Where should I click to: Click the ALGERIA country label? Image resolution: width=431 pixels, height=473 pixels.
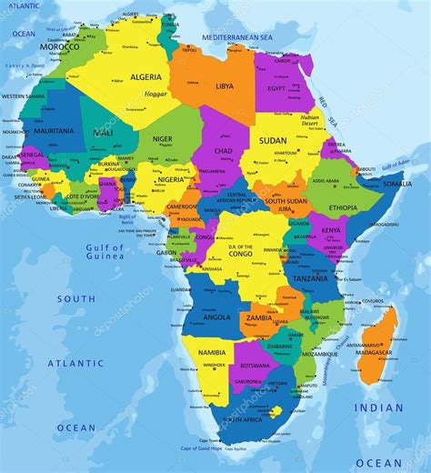(x=145, y=78)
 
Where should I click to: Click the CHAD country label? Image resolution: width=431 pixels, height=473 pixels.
(x=223, y=150)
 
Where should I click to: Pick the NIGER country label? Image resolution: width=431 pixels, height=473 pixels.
(x=162, y=139)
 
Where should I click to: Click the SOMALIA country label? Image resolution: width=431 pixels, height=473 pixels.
(x=396, y=184)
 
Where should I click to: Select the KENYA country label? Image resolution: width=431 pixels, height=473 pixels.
(x=331, y=231)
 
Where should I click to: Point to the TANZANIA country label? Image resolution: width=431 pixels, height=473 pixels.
(x=311, y=278)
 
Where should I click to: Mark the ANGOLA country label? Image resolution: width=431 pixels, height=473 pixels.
(x=215, y=317)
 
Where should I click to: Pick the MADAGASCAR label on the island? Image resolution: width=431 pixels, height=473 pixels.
(x=374, y=352)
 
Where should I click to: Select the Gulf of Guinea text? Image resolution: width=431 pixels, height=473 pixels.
(x=105, y=252)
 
